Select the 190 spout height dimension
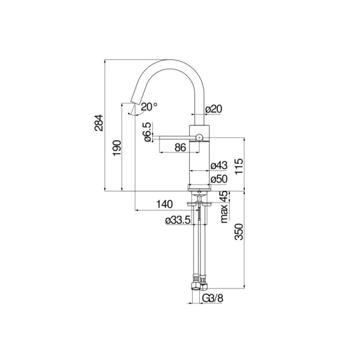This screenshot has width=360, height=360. [117, 148]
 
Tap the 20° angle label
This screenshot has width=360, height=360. [148, 106]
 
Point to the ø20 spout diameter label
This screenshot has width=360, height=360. [214, 109]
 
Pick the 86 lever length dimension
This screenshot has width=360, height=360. [179, 147]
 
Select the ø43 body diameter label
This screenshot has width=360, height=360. [218, 166]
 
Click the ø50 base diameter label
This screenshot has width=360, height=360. [218, 179]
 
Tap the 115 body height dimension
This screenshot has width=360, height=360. [239, 166]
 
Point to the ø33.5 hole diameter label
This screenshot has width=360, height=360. [178, 221]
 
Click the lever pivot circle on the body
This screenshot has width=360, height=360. [198, 138]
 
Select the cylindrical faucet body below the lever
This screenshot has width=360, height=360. [199, 165]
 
